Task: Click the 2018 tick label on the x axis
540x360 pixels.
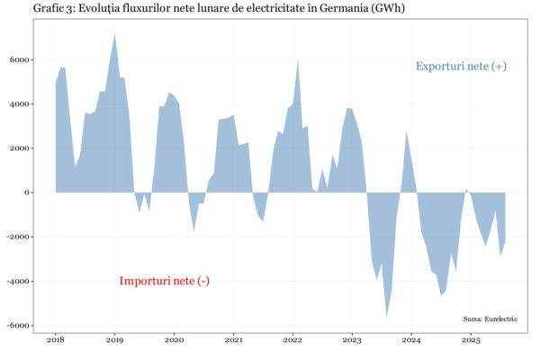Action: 56,341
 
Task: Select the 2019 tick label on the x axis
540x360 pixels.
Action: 115,341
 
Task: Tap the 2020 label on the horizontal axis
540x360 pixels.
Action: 175,341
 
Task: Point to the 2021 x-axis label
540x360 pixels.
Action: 234,341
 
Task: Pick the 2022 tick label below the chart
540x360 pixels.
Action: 292,341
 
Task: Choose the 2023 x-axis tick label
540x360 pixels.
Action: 352,341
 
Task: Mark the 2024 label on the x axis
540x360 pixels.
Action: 411,341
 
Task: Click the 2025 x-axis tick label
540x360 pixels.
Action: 471,341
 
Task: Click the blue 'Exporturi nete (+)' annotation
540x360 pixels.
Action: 461,67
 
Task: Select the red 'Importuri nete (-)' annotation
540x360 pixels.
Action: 165,281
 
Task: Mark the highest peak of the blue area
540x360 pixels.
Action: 115,33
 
